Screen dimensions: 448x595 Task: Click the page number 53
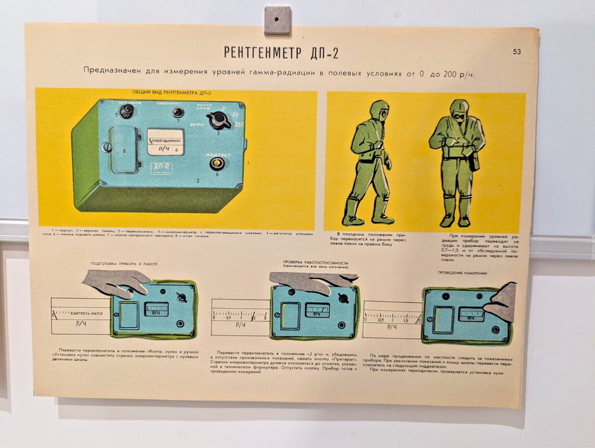[516, 52]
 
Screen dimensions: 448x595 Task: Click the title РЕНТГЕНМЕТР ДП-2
[281, 52]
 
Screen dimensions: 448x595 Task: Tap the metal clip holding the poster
[277, 20]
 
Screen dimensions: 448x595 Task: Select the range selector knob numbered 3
[220, 121]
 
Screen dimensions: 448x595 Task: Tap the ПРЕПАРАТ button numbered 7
[177, 112]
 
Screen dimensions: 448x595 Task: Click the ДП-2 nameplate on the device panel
[162, 168]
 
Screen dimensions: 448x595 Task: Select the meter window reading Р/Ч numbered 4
[166, 143]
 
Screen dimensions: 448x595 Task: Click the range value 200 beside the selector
[239, 124]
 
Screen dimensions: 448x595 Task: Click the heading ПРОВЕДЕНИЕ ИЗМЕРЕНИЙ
[462, 273]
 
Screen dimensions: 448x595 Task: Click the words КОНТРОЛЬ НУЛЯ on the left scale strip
[87, 312]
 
